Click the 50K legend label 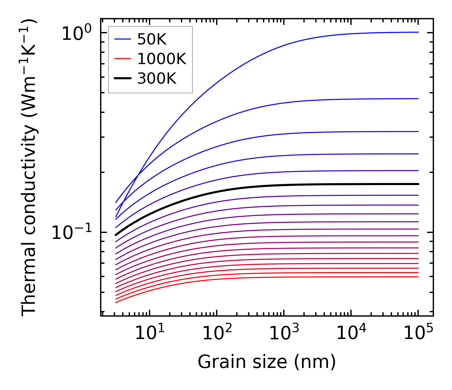pos(152,39)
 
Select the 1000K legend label pos(161,59)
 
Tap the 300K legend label pos(157,79)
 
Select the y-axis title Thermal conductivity pos(30,168)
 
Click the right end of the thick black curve pos(418,184)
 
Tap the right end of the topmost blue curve pos(418,32)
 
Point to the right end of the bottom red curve pos(418,277)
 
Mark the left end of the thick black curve pos(116,235)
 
